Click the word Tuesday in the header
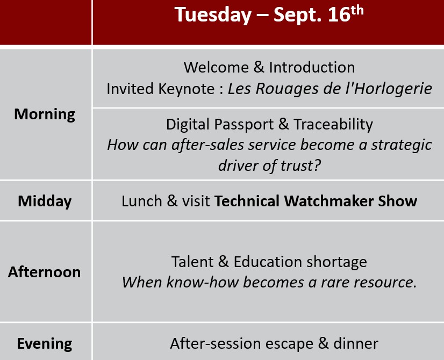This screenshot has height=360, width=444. point(213,15)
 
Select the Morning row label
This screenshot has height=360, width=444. point(45,114)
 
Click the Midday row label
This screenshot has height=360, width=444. point(45,201)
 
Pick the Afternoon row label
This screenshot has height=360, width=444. point(45,272)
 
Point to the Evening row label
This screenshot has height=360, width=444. point(45,344)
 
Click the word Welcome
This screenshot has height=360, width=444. point(216,67)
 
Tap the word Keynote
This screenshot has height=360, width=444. point(187,89)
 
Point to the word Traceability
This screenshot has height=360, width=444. point(333,125)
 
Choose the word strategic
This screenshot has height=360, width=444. point(402,145)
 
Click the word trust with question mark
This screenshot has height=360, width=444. point(300,165)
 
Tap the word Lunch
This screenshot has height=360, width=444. point(142,201)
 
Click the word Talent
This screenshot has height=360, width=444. point(192,262)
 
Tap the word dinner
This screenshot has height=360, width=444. point(356,343)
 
